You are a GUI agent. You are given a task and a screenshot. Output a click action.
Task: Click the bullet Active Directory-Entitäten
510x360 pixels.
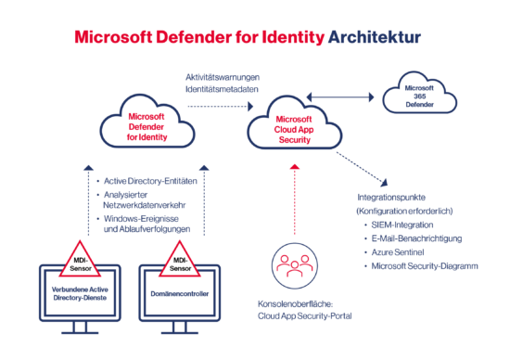(x=147, y=179)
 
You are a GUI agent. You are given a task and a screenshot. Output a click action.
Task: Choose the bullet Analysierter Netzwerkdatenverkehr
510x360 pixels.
(x=145, y=200)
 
